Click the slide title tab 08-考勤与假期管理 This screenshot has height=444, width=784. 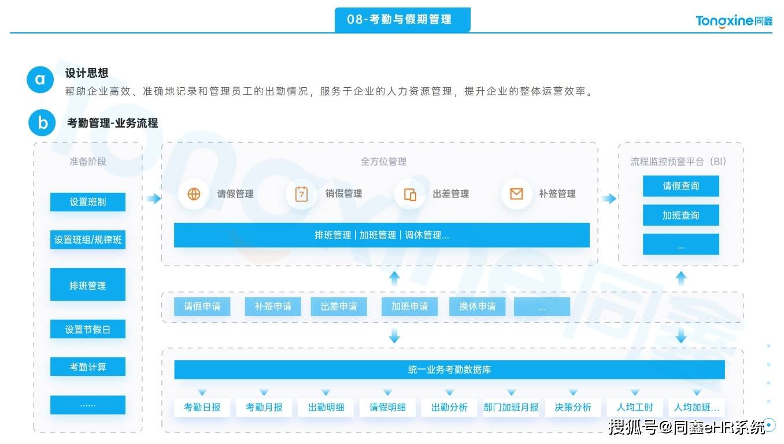click(402, 20)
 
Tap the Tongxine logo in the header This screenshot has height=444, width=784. click(734, 21)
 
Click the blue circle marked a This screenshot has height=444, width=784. click(40, 80)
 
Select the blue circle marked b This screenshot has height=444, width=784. click(42, 123)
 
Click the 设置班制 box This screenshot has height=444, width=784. click(88, 202)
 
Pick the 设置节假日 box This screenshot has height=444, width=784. click(88, 329)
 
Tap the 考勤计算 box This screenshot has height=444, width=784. click(88, 367)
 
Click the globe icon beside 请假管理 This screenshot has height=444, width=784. click(194, 193)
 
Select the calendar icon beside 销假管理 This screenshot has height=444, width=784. click(301, 194)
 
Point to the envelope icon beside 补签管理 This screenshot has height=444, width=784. click(517, 193)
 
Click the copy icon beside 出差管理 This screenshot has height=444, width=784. click(410, 195)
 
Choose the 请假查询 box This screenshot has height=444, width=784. click(681, 186)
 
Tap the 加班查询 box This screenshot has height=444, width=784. click(681, 215)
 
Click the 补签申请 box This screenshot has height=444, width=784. click(273, 307)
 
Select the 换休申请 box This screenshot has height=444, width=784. click(478, 307)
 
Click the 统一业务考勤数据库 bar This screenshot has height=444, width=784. click(449, 370)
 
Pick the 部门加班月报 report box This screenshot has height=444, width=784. click(511, 407)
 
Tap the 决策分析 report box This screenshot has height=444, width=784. click(573, 407)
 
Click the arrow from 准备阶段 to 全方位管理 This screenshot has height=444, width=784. click(153, 199)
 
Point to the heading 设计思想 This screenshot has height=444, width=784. click(87, 73)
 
